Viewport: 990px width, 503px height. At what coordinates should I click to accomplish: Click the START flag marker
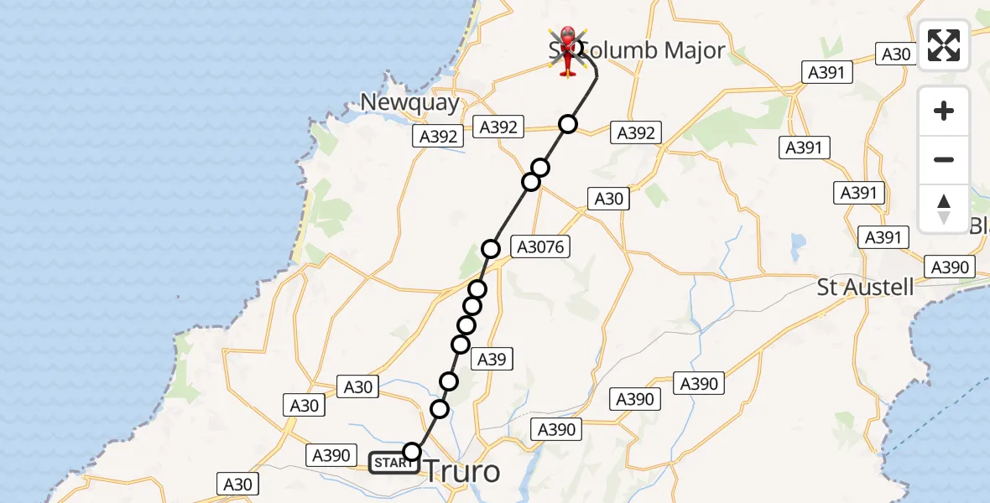point(393,463)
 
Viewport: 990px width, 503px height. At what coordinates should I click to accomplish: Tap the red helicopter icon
point(567,51)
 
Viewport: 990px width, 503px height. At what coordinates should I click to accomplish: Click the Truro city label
point(463,472)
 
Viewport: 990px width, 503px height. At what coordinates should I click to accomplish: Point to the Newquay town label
point(410,102)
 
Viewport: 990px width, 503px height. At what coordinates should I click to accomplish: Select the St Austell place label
point(865,288)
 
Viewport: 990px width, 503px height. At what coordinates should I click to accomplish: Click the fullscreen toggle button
point(944,45)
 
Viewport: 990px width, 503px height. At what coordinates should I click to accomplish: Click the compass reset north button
point(944,209)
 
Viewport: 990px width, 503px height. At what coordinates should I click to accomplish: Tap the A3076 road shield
point(543,246)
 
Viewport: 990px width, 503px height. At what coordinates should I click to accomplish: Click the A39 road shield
point(492,359)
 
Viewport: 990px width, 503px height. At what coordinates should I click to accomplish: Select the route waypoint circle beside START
point(412,452)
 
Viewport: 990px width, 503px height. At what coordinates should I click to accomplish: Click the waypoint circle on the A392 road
point(569,125)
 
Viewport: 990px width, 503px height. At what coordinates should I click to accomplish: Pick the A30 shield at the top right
point(897,54)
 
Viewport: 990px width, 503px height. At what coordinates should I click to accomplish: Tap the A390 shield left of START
point(331,455)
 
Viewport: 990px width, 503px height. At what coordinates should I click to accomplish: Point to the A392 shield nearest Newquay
point(438,137)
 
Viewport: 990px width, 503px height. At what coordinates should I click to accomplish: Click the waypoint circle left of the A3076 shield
point(491,249)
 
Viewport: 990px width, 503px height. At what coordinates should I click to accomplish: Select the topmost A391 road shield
point(826,72)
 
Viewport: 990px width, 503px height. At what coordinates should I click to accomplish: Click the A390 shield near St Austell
point(950,267)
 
